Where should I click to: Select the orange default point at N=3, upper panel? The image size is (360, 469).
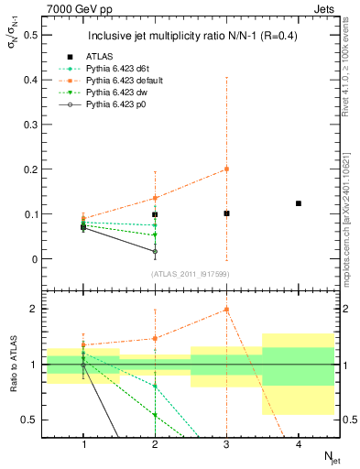[226, 169]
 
